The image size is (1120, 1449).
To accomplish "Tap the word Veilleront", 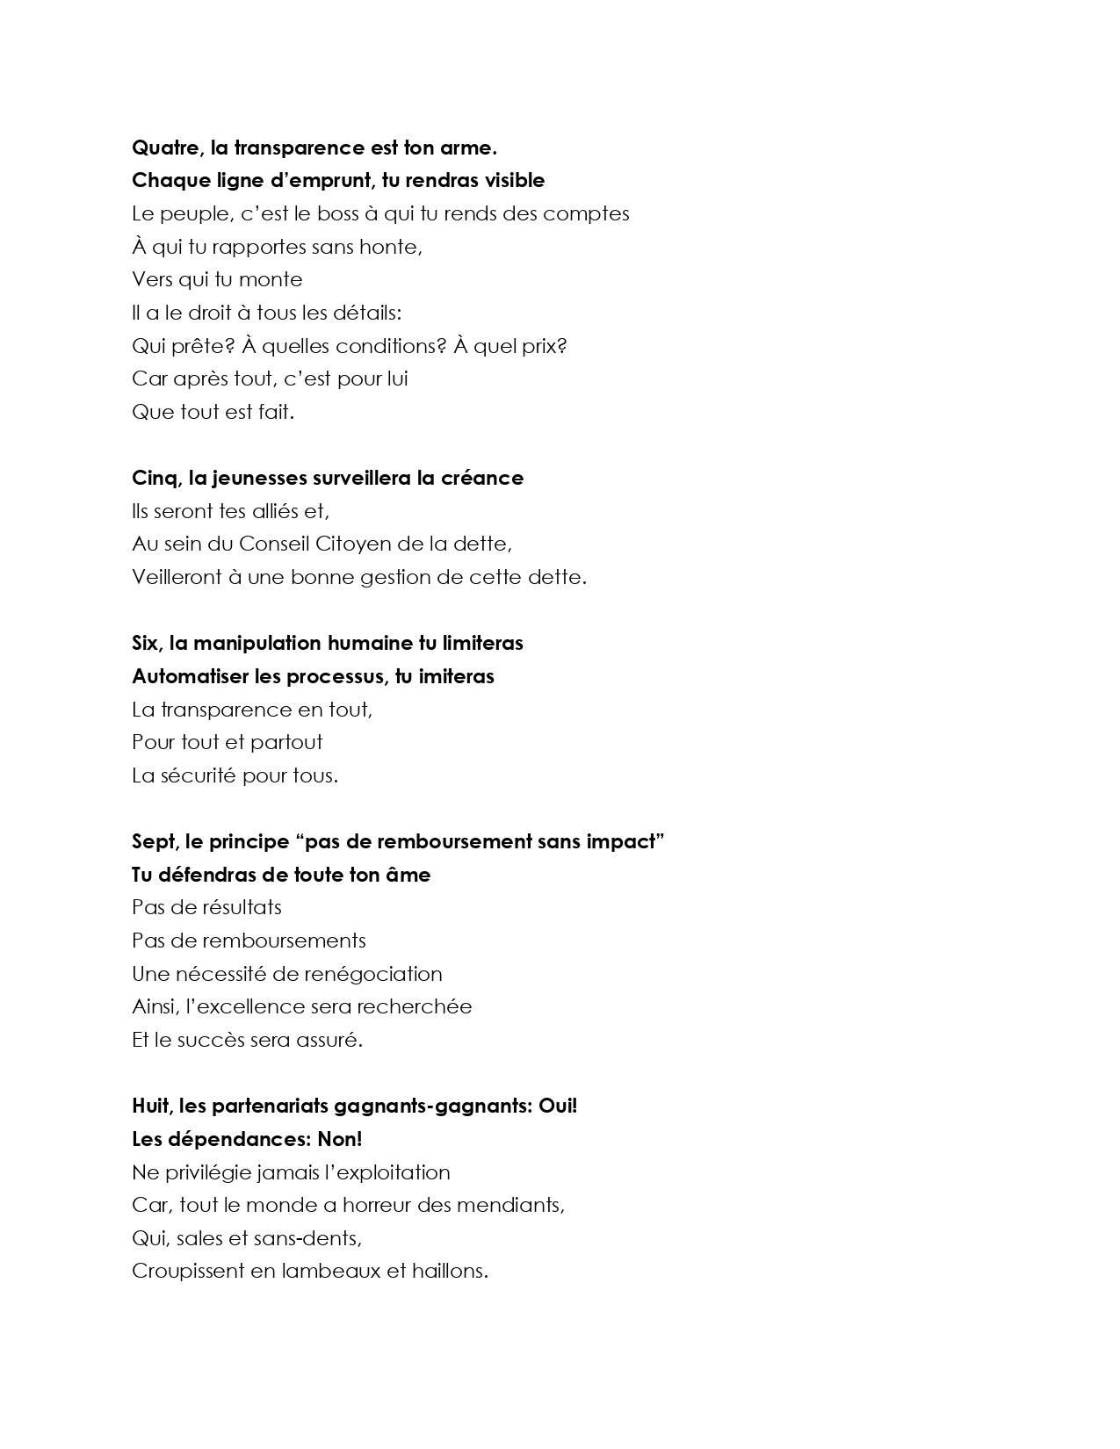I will (177, 577).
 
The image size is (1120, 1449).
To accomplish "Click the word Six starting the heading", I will (146, 643).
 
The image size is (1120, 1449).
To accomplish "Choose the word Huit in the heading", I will (154, 1106).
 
